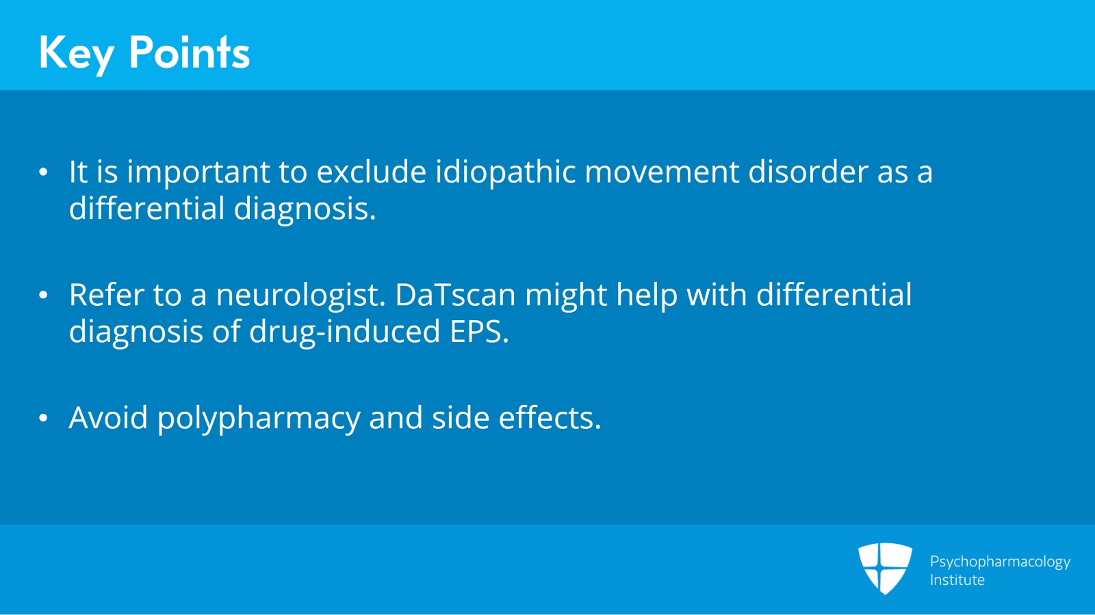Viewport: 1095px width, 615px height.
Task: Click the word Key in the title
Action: click(75, 53)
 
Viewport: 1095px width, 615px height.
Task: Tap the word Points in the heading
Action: click(189, 52)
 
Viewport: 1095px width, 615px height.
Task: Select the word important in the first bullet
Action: click(198, 172)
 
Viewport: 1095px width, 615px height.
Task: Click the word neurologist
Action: click(301, 296)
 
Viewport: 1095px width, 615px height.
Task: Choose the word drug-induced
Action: click(344, 332)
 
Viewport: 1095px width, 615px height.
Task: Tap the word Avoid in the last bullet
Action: click(108, 418)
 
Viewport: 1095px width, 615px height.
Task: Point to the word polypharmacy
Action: click(258, 419)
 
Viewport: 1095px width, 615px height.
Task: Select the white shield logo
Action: click(885, 568)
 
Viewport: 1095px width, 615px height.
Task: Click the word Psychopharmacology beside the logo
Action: click(999, 562)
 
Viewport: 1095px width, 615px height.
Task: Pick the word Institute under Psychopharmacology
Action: click(957, 580)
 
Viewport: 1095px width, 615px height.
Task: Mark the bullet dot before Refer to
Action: click(44, 295)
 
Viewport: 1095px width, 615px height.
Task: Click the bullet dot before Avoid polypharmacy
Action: click(44, 418)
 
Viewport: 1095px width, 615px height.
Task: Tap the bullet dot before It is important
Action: click(44, 172)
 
